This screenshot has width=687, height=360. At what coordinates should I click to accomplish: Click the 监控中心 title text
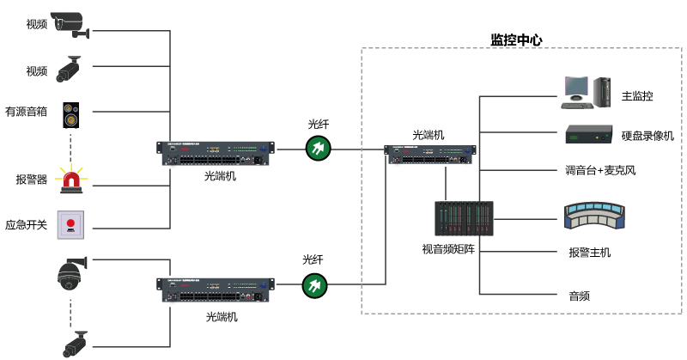[516, 40]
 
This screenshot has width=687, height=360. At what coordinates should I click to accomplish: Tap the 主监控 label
[638, 96]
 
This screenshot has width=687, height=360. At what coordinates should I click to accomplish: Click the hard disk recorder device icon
[588, 134]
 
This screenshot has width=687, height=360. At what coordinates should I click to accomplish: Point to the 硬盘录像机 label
[647, 136]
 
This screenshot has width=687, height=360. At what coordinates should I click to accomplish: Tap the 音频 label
[579, 296]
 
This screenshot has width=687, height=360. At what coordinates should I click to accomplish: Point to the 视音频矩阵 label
[449, 249]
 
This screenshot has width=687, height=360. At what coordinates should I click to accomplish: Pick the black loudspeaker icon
[70, 113]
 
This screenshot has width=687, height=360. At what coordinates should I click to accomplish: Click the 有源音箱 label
[26, 112]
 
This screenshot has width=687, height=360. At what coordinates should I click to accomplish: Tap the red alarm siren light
[71, 179]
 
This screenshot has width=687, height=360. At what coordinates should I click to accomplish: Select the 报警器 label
[32, 180]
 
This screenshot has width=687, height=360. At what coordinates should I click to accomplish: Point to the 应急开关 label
[26, 224]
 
